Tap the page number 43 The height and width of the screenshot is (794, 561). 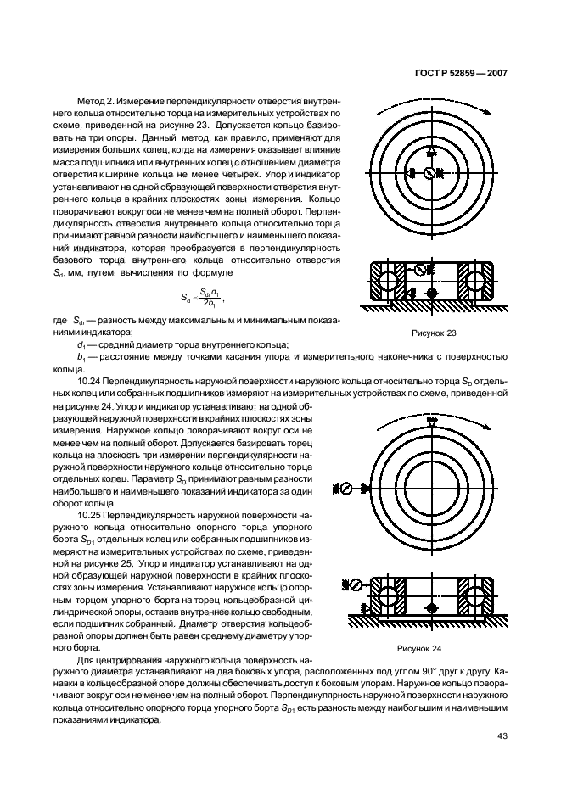click(502, 735)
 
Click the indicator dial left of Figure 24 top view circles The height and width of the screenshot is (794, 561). click(345, 488)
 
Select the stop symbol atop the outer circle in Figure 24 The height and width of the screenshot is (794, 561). click(431, 420)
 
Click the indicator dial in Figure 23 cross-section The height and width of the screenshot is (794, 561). click(419, 271)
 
